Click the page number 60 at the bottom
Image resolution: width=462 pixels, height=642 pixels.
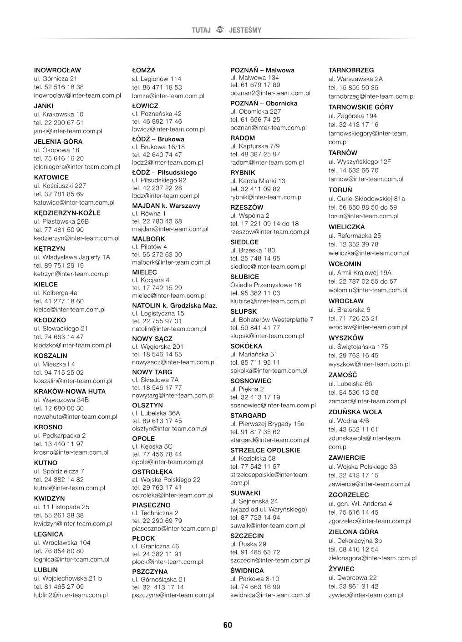pos(228,625)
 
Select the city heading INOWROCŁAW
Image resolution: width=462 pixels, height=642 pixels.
pos(57,70)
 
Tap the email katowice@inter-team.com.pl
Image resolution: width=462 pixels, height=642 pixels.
pos(74,202)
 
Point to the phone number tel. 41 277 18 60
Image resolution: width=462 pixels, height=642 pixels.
pos(59,301)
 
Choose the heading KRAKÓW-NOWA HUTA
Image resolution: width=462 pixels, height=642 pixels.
pos(70,391)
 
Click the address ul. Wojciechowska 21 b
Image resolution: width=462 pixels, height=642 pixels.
pos(68,578)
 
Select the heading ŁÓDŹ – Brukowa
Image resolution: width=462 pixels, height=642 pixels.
pos(158,139)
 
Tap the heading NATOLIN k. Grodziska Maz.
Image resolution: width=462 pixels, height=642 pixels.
pos(175,305)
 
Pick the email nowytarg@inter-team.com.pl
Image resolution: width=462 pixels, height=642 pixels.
pos(173,396)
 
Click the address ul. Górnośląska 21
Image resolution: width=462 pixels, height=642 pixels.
pos(159,579)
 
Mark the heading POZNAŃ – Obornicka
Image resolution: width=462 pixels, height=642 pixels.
pos(264,103)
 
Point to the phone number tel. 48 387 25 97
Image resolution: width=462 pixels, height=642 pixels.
pos(255,154)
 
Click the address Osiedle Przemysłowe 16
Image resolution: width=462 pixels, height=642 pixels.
pos(266,285)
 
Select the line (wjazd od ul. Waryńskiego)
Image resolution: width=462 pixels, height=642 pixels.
pos(269,509)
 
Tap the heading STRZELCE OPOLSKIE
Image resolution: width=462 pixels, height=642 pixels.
pos(265,450)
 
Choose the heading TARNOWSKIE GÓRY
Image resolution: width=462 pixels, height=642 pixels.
pos(361,107)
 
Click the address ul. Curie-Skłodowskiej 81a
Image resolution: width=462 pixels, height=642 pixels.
pos(366,199)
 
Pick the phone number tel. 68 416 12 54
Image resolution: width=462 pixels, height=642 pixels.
pos(353,549)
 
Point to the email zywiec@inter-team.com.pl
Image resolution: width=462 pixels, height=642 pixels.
pos(366,595)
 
